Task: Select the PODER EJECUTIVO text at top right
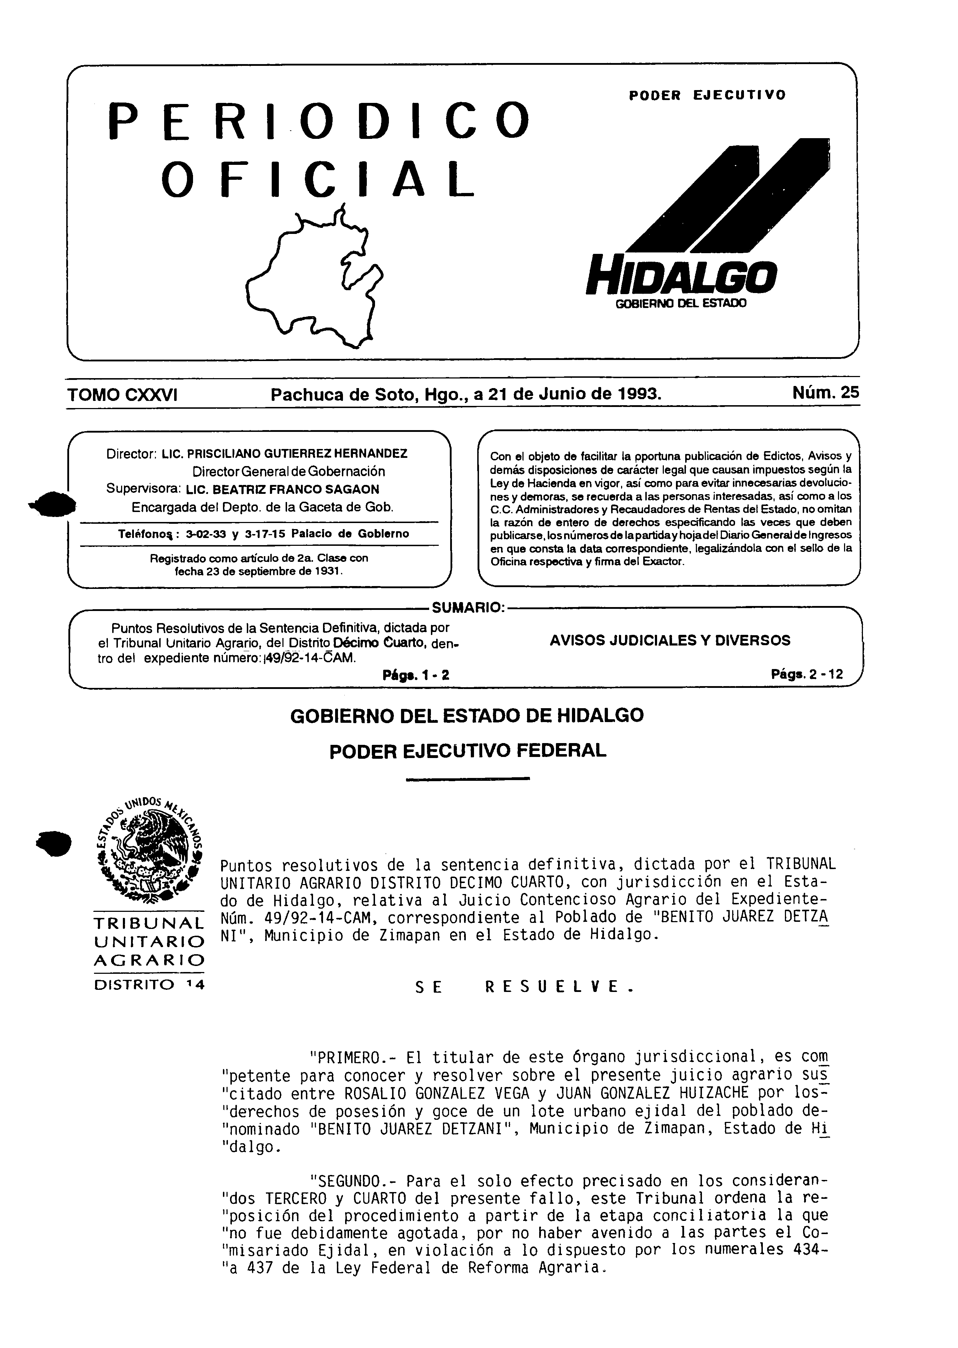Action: pyautogui.click(x=707, y=95)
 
